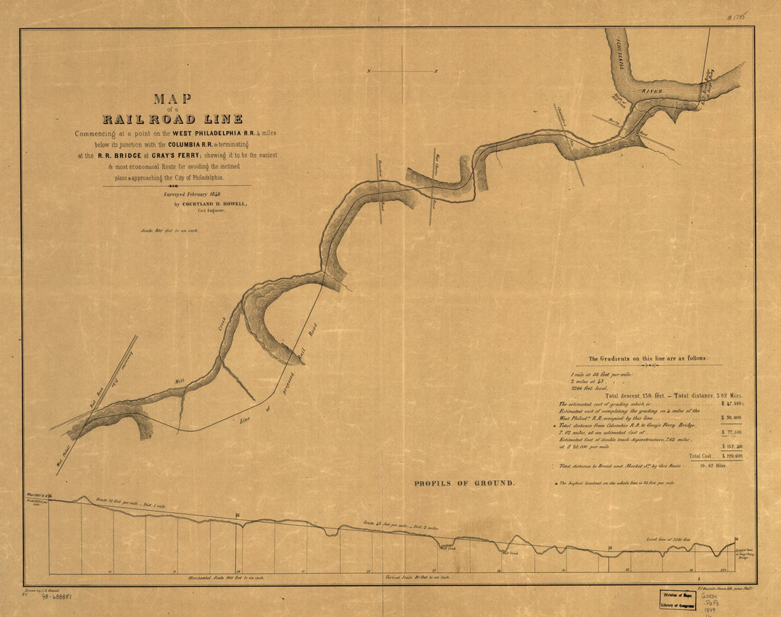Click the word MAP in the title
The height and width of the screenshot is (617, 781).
173,99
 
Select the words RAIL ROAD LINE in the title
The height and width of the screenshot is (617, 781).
173,119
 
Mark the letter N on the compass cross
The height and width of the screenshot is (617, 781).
369,72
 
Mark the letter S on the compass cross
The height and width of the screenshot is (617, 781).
436,72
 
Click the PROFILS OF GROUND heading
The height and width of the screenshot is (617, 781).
464,484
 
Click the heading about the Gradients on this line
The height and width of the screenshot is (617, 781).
647,359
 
